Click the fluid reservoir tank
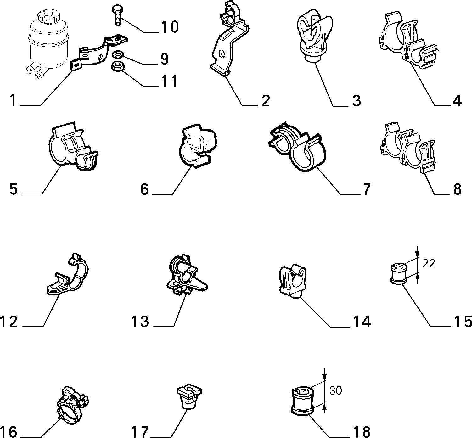coord(48,43)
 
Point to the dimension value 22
coord(429,263)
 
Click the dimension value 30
coord(335,390)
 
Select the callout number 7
coord(367,189)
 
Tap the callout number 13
coord(140,322)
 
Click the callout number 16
coord(8,431)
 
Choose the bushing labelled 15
coord(399,273)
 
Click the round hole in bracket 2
coord(222,54)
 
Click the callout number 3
coord(357,100)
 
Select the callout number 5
coord(14,189)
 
